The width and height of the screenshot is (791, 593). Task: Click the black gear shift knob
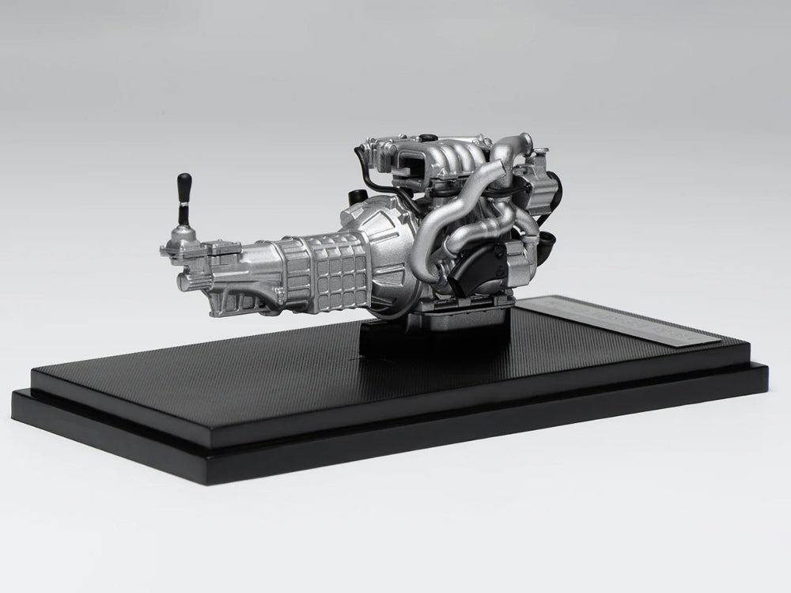(x=184, y=188)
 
